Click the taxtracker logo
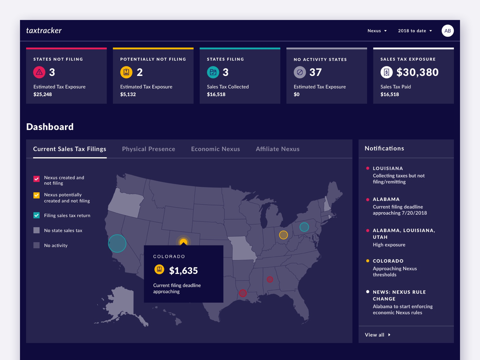pos(44,30)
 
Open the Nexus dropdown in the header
pos(377,31)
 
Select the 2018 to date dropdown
pos(415,31)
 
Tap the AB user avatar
pos(447,31)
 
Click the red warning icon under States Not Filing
pos(39,72)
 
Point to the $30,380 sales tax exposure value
pos(417,72)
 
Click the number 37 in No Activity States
pos(315,72)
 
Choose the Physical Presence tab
pos(148,149)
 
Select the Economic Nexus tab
pos(215,149)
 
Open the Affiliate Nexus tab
pos(277,149)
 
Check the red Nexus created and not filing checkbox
pos(37,179)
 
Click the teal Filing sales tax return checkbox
pos(37,215)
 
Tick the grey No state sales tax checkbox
pos(37,230)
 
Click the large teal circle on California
pos(117,243)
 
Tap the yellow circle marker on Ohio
pos(283,235)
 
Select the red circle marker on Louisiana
pos(243,293)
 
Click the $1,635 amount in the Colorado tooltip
pos(183,270)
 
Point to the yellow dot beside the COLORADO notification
pos(368,261)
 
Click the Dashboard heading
pos(50,127)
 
